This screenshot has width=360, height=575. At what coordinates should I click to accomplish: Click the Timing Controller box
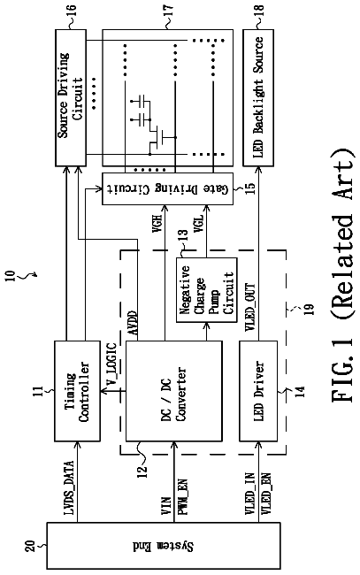coord(77,390)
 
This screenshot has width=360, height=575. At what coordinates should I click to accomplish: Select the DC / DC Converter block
coord(173,390)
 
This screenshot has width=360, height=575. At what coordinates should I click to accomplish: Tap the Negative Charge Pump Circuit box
coord(206,290)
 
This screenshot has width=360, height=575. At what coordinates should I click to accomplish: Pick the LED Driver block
coord(258,390)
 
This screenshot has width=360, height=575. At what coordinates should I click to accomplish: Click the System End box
coord(163,546)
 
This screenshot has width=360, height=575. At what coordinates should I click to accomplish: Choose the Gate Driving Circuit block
coord(167,188)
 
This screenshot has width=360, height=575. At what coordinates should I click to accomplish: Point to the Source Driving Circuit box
coord(71,97)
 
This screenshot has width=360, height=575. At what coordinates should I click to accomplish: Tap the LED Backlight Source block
coord(258,97)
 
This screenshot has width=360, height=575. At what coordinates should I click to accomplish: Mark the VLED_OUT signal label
coord(249,307)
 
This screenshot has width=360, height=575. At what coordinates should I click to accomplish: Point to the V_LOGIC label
coord(111,364)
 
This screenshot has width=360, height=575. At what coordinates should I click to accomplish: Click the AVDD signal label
coord(133,323)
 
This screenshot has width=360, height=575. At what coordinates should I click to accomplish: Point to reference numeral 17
coord(169,12)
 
